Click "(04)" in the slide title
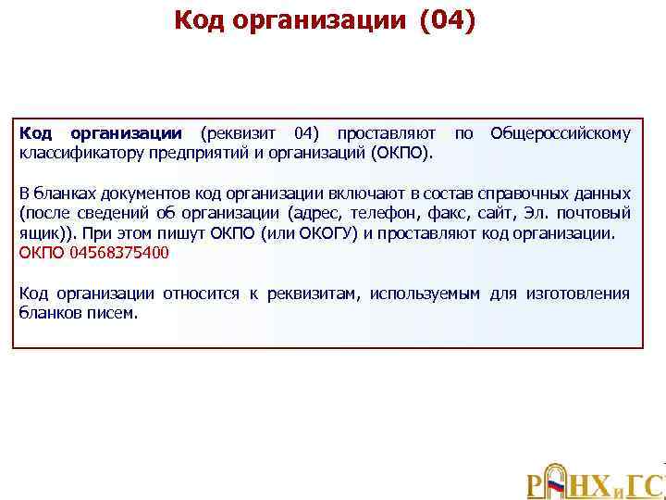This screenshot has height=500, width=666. [x=448, y=20]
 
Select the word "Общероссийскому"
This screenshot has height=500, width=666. [x=561, y=134]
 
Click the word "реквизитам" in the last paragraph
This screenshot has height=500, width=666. [x=314, y=294]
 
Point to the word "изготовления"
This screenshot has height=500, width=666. [x=578, y=294]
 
